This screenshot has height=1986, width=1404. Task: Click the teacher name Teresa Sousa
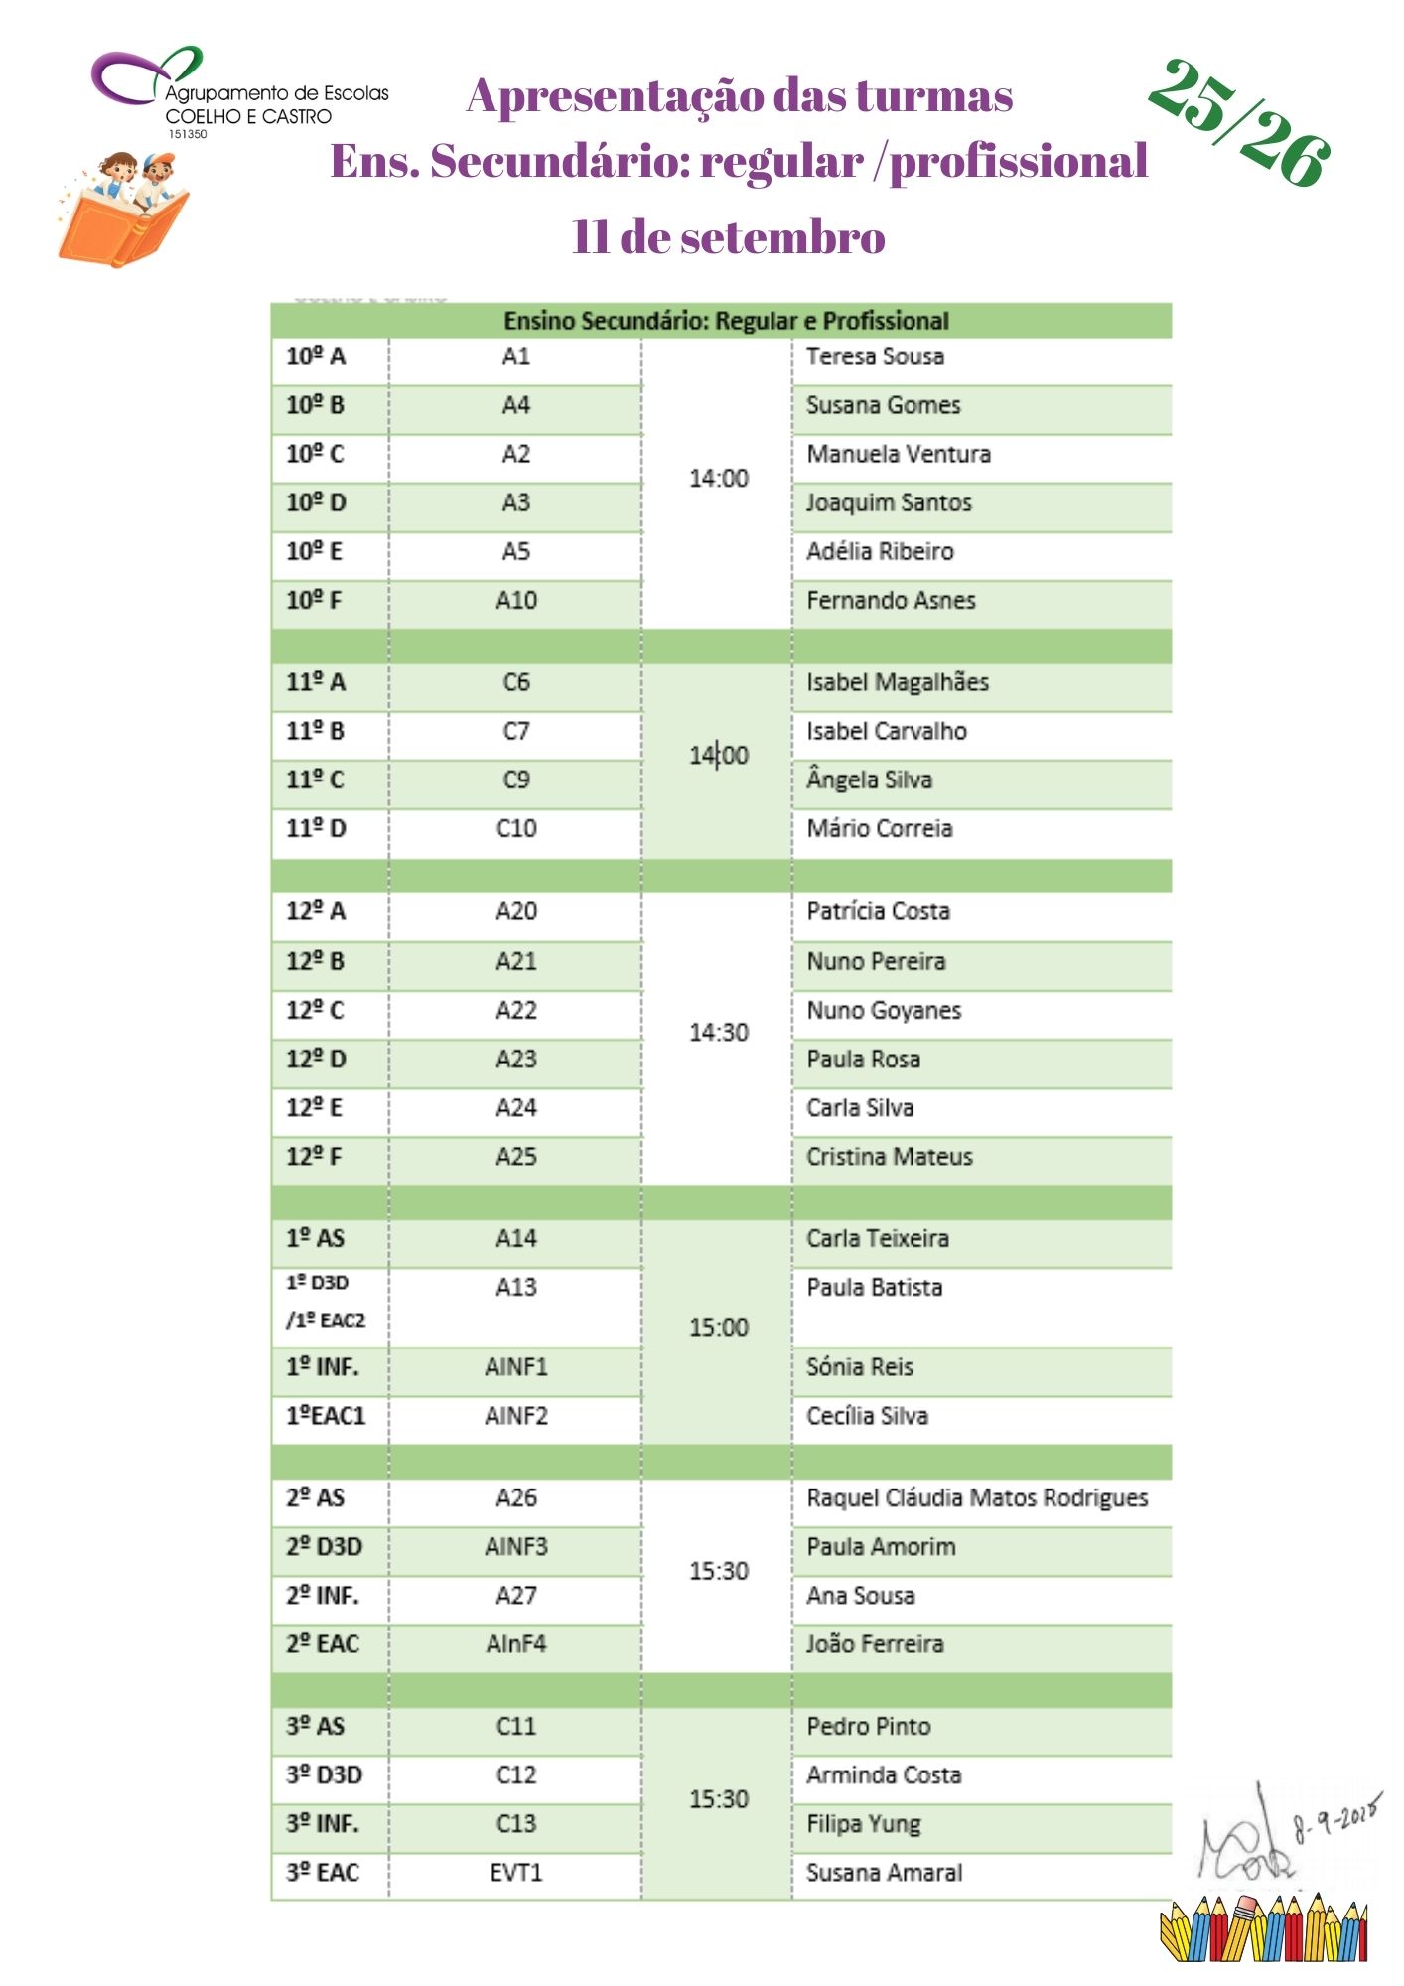tap(875, 356)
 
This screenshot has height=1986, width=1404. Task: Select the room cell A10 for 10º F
tap(515, 600)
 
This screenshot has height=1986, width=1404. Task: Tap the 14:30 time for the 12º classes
tap(718, 1033)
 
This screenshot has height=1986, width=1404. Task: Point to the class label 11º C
tap(315, 780)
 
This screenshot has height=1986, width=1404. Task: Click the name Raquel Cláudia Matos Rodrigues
tap(976, 1497)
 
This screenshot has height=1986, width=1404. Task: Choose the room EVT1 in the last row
tap(515, 1873)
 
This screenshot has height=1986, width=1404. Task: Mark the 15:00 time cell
tap(718, 1328)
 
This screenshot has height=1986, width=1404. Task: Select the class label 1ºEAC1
tap(326, 1416)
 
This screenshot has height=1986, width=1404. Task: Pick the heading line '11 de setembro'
tap(728, 237)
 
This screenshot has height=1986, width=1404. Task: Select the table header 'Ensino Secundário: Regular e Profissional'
tap(726, 321)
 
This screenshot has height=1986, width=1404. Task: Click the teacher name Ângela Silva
tap(869, 780)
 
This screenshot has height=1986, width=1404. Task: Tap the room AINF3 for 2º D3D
tap(515, 1546)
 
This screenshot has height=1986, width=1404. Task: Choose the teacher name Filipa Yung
tap(863, 1824)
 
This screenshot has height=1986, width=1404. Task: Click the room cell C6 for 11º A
tap(515, 682)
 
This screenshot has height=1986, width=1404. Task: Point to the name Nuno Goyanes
tap(884, 1011)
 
